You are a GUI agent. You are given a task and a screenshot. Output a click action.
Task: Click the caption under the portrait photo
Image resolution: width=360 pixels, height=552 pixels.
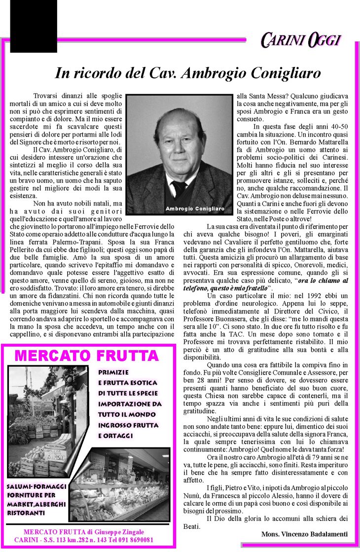coord(195,209)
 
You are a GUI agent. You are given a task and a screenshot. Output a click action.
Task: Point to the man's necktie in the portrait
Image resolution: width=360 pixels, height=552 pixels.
coord(179,188)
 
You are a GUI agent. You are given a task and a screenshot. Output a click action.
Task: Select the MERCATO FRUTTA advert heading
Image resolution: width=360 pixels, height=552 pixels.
coord(87,355)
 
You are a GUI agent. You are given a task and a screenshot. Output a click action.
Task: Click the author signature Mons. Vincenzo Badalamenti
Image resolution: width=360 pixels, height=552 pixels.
coord(304,534)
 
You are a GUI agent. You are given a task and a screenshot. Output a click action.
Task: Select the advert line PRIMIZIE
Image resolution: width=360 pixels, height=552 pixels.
coord(113,373)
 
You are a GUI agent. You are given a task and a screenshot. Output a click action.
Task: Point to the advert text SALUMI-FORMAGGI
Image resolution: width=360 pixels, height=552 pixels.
coord(36,486)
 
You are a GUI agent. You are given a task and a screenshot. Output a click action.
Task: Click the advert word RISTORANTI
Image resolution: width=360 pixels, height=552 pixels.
coord(26,513)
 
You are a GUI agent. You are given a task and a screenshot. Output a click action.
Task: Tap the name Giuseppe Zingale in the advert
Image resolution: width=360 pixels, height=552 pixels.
coord(118,532)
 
